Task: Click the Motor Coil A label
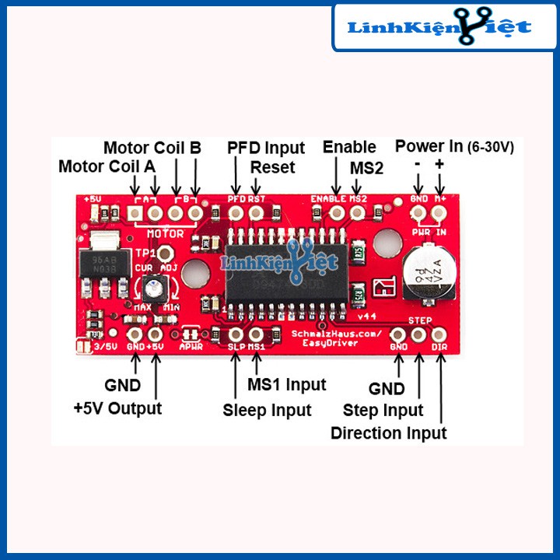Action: tap(107, 166)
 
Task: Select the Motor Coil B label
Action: tap(152, 147)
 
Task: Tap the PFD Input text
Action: tap(266, 148)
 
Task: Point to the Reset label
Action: tap(272, 166)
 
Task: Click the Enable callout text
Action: tap(349, 147)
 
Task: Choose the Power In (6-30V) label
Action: tap(454, 145)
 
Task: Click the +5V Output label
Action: tap(117, 408)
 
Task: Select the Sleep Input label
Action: tap(267, 410)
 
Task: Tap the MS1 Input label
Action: tap(286, 384)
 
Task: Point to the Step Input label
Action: tap(383, 410)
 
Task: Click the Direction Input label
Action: tap(388, 433)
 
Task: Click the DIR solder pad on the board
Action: tap(439, 334)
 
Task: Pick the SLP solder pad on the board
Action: tap(236, 335)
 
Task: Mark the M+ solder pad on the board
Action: tap(439, 211)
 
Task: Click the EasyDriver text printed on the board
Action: tap(334, 341)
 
